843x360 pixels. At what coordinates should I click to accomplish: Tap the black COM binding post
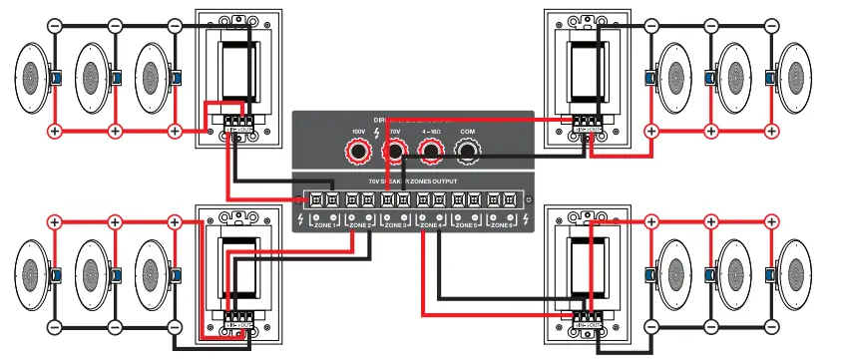pyautogui.click(x=467, y=152)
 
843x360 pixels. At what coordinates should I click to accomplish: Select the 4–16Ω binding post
pyautogui.click(x=430, y=152)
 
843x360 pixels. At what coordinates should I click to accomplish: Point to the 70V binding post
pyautogui.click(x=395, y=152)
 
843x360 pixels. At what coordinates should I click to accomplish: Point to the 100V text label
pyautogui.click(x=359, y=131)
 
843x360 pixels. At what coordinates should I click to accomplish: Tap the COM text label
pyautogui.click(x=467, y=131)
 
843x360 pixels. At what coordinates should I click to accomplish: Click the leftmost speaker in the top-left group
pyautogui.click(x=32, y=78)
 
